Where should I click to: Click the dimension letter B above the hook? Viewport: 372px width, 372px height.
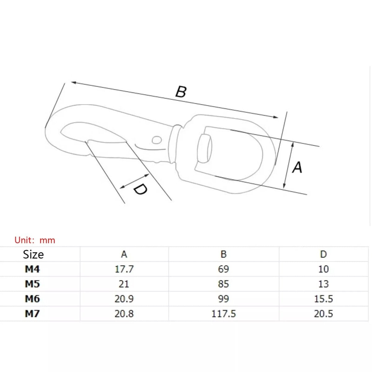(181, 92)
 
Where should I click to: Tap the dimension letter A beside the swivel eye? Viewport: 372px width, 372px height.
(297, 167)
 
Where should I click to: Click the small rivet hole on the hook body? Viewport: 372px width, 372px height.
(157, 140)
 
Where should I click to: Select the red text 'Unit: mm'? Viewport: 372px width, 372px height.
(35, 240)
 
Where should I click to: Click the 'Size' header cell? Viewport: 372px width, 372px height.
(33, 255)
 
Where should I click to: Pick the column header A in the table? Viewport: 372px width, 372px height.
(124, 254)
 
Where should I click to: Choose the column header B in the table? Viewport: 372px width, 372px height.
(223, 254)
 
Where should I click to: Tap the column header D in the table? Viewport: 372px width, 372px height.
(323, 254)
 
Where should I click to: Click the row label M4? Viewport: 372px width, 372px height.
(32, 269)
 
